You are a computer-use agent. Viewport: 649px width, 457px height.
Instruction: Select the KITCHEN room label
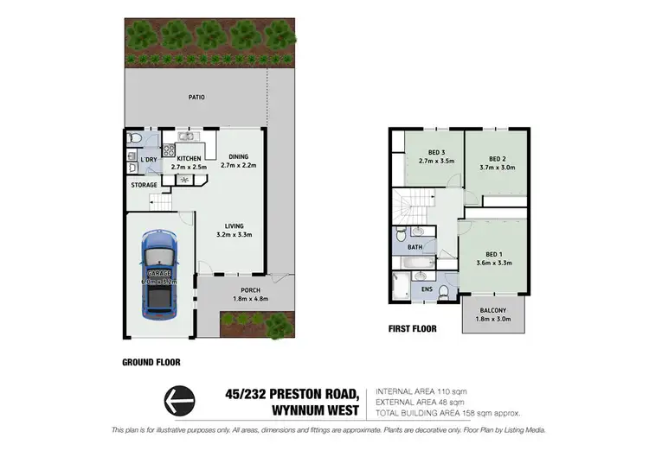click(x=189, y=159)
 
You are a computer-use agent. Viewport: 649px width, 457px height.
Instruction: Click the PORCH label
click(x=250, y=290)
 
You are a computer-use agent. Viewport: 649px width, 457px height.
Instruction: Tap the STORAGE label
click(x=145, y=185)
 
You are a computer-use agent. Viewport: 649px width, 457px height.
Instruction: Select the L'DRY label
click(x=149, y=160)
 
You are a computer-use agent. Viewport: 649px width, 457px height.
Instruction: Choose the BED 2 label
click(x=496, y=159)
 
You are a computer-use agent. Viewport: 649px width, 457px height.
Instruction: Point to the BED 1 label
click(x=496, y=253)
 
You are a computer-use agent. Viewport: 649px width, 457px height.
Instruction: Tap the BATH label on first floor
click(x=415, y=247)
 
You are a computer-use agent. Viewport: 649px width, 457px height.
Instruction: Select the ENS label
click(x=426, y=289)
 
